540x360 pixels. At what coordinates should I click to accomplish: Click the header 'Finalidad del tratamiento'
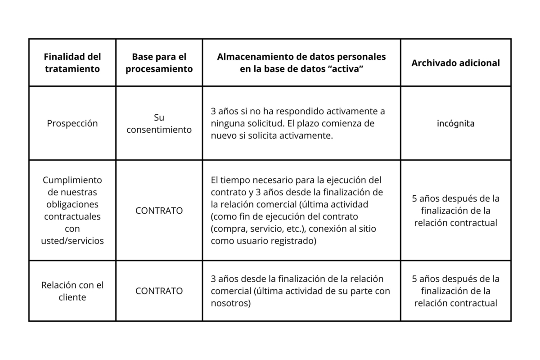72,63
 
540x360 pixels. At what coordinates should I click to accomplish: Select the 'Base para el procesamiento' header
159,63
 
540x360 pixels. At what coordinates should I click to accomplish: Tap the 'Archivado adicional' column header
455,63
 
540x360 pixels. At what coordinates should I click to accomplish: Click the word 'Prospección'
72,123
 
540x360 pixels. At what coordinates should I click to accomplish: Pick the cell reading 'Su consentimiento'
159,123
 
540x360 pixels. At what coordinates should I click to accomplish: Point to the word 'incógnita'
455,123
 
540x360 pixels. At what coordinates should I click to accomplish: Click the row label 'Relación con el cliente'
72,291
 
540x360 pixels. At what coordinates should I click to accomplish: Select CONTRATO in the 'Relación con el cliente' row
159,291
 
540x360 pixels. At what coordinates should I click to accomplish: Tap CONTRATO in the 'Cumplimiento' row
159,210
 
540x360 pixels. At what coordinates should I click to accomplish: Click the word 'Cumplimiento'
72,180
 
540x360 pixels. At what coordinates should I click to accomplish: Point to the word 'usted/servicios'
72,241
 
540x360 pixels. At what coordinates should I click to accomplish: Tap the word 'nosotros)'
230,303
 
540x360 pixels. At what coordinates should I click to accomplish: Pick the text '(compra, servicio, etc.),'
261,229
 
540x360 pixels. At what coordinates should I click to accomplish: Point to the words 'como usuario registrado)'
263,241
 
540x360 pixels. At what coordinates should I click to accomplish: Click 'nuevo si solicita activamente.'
272,135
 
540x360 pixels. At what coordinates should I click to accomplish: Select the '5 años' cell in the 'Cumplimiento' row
455,210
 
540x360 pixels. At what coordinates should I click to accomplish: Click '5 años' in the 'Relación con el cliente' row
455,291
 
